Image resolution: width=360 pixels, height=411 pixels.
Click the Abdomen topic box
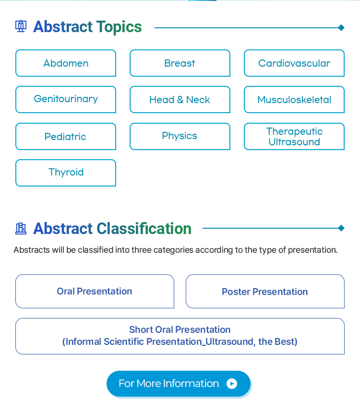click(66, 63)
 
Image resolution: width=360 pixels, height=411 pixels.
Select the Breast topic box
click(180, 63)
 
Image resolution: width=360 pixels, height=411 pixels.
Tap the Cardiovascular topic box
click(294, 63)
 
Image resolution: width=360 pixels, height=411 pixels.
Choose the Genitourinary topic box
click(66, 100)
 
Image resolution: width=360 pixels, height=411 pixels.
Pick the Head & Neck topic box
click(180, 100)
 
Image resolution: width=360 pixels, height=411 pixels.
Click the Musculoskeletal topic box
click(294, 100)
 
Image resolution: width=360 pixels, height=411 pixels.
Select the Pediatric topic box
click(66, 136)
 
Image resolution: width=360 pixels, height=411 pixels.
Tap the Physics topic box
click(180, 136)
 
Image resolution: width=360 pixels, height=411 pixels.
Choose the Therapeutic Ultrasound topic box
click(294, 136)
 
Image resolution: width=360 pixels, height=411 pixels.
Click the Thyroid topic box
click(66, 173)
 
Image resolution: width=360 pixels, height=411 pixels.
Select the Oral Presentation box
click(95, 291)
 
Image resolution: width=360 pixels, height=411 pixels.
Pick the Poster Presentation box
click(265, 291)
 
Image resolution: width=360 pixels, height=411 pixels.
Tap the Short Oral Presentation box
click(180, 336)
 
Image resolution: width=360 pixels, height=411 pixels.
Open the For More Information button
click(179, 384)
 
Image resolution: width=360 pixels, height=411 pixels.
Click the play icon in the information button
click(232, 384)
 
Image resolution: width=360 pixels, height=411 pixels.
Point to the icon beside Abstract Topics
click(21, 26)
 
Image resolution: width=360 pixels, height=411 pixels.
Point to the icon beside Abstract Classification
click(21, 228)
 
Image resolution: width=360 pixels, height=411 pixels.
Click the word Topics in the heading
click(119, 27)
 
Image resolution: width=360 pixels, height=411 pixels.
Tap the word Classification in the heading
click(144, 228)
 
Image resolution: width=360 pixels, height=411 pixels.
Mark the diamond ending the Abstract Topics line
click(341, 27)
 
